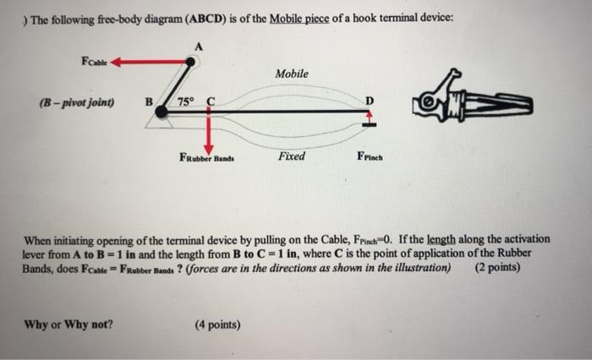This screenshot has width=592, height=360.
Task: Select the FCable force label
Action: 93,61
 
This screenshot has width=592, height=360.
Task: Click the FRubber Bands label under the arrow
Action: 206,157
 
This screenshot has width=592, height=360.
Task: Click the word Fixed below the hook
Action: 291,156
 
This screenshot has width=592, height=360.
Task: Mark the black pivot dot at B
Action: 161,112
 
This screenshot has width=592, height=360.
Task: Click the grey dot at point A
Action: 192,61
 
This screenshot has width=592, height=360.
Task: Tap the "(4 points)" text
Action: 217,324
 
